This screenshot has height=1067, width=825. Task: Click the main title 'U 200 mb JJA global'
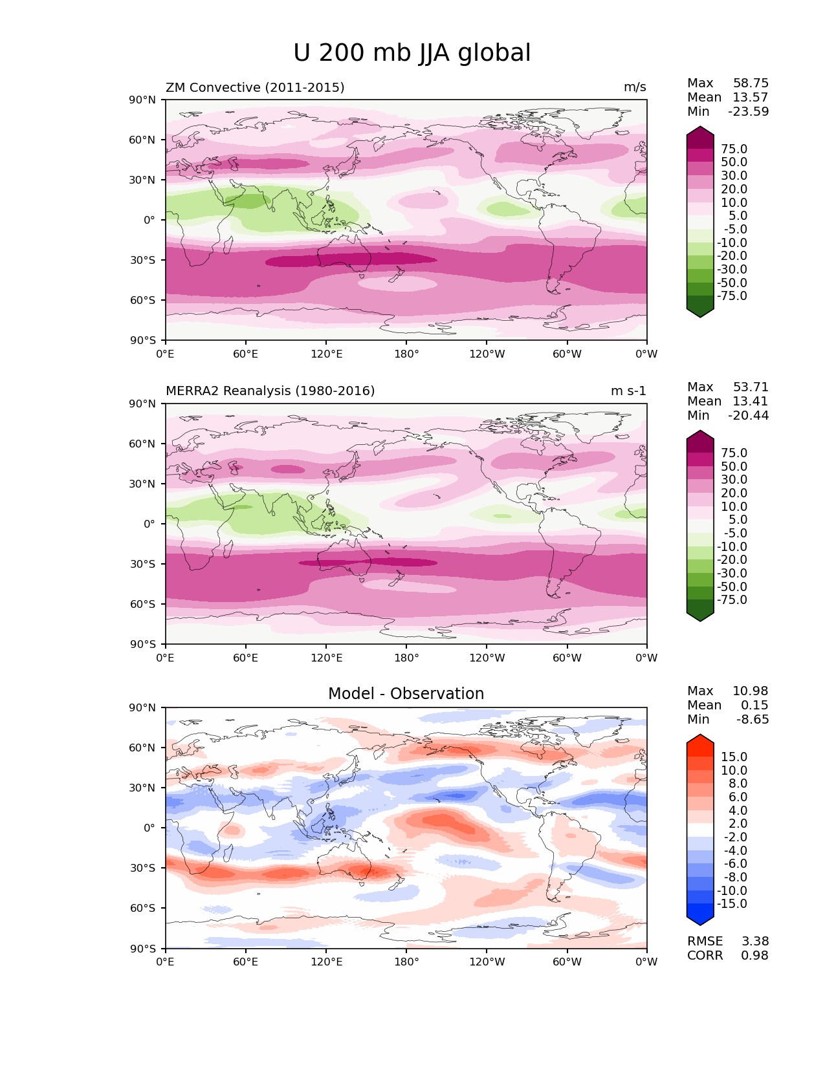(412, 53)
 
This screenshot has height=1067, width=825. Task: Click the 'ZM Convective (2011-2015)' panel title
(255, 87)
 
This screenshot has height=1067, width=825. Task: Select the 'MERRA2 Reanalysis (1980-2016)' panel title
(270, 391)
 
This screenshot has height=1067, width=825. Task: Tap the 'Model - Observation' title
(406, 694)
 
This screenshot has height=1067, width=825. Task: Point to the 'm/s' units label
(634, 87)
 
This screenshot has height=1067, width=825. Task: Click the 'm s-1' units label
(628, 391)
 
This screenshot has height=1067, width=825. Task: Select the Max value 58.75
(751, 83)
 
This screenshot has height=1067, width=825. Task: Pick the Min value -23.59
(749, 112)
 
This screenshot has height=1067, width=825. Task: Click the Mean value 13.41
(751, 402)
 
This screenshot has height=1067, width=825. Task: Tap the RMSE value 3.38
(754, 942)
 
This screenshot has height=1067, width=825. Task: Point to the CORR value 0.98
(754, 956)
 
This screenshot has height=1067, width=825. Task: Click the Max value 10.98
(751, 691)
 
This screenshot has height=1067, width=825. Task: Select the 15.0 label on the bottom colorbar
(734, 757)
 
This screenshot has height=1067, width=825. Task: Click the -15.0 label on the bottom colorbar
(732, 904)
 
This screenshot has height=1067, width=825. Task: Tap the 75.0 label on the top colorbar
(734, 149)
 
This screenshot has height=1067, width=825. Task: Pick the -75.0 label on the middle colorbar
(732, 600)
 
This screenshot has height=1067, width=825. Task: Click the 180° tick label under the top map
(406, 354)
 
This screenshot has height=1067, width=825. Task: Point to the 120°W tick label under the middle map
(487, 658)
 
